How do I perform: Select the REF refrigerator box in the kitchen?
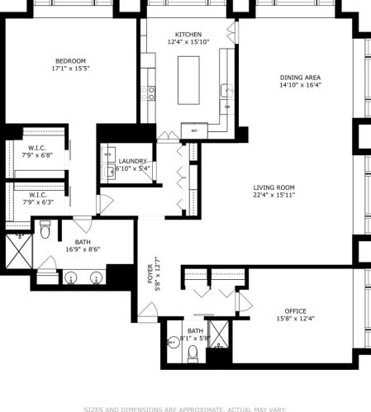194,130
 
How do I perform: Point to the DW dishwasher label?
226,107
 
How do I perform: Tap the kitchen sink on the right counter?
225,89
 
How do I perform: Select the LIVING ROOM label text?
273,188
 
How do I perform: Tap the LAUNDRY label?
132,161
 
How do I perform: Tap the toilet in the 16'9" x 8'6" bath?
45,230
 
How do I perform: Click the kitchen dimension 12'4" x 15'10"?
188,41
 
